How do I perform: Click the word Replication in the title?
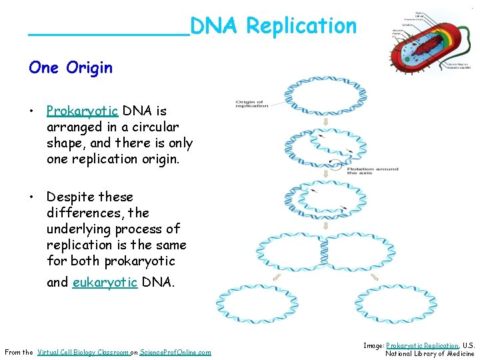click(301, 27)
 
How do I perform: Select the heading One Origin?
click(71, 67)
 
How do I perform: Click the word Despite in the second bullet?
click(71, 197)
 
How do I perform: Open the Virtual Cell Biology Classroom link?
click(83, 352)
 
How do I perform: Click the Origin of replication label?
click(252, 103)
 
